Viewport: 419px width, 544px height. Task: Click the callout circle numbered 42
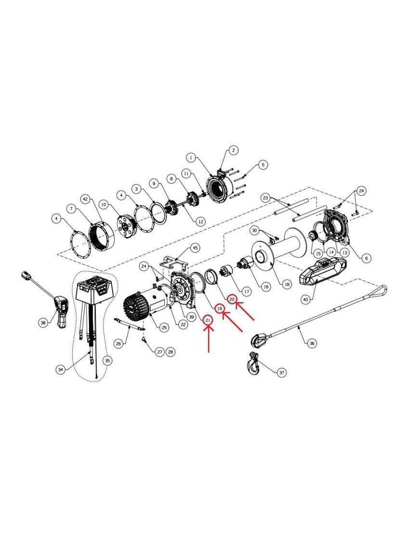[x=86, y=199]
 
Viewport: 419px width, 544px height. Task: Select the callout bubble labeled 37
[x=281, y=373]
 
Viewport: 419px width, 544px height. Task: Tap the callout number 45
[x=196, y=248]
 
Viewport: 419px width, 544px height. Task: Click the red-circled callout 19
[x=220, y=308]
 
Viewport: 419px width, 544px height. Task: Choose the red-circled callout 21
[x=208, y=320]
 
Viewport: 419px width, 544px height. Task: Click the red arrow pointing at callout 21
[x=209, y=339]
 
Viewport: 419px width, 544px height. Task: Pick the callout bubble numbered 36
[x=312, y=343]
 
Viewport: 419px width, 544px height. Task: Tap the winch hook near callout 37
[x=253, y=364]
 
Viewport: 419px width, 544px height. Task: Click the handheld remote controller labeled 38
[x=61, y=311]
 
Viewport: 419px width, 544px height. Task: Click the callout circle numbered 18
[x=286, y=284]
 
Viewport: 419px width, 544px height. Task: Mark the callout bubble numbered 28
[x=170, y=352]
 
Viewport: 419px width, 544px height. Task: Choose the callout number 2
[x=233, y=150]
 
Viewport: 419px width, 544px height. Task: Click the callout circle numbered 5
[x=262, y=164]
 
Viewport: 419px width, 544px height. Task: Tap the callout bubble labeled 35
[x=107, y=361]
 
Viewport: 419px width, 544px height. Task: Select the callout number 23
[x=266, y=198]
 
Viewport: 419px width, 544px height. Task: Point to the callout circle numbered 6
[x=366, y=258]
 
